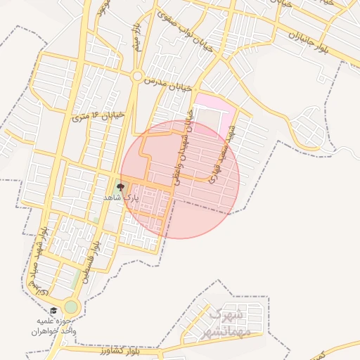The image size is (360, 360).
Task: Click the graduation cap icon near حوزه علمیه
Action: pyautogui.click(x=53, y=310)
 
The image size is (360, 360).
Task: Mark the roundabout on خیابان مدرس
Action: pyautogui.click(x=137, y=76)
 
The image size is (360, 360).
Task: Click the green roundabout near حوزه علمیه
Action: pyautogui.click(x=71, y=307)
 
